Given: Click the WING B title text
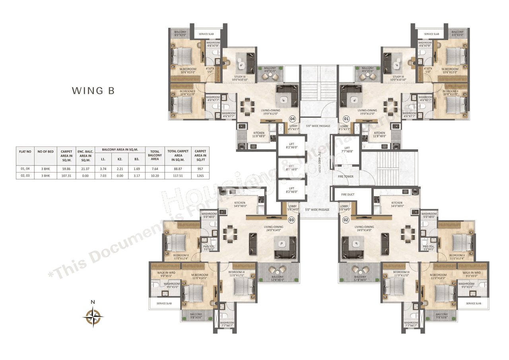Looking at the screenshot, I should (x=93, y=91).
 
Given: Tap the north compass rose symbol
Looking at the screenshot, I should (x=93, y=317).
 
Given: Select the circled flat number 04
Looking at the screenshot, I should (x=292, y=119).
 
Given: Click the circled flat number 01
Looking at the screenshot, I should (x=346, y=119).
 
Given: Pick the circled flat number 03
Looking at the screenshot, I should (x=292, y=220).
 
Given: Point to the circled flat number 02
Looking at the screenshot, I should (x=346, y=220).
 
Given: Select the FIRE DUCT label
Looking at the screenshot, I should (x=348, y=195).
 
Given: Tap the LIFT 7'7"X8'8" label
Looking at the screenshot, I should (x=347, y=150).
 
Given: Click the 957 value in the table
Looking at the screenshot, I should (x=200, y=169).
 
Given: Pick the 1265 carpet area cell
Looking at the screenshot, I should (x=200, y=175).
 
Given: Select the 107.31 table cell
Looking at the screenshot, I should (x=66, y=175).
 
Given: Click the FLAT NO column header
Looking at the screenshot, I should (x=25, y=151).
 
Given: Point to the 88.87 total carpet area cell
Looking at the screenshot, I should (x=178, y=169).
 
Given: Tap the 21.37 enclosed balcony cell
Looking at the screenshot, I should (x=85, y=169).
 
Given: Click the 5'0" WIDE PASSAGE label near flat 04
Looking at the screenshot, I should (x=318, y=126).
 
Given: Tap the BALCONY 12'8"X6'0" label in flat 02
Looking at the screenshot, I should (x=360, y=278).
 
